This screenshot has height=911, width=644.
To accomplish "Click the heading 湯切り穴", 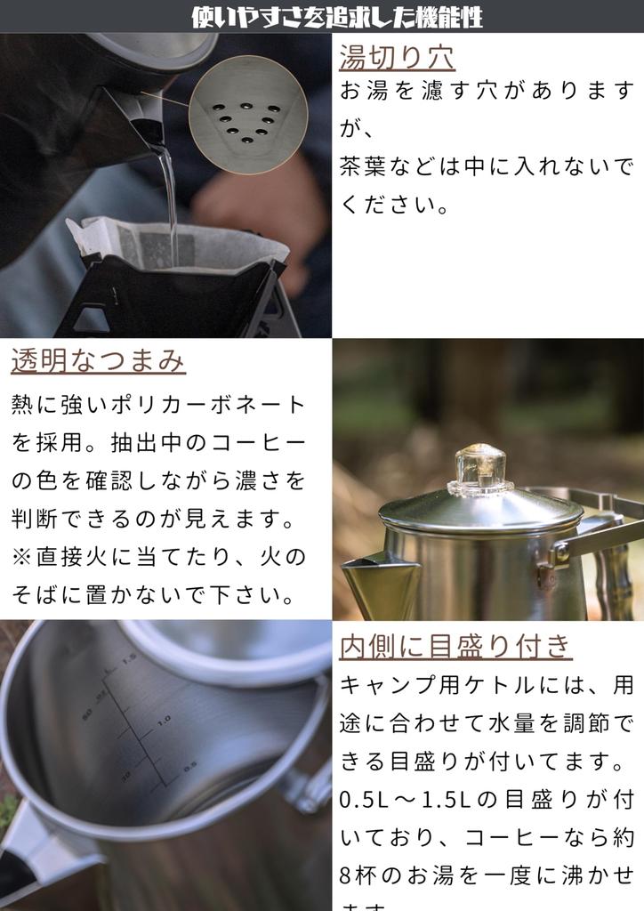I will point(397,56).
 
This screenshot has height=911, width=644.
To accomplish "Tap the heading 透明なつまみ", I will point(98,361).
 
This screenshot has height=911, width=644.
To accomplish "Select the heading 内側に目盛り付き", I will point(455,646).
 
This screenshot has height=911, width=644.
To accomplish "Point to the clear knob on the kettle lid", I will point(480,469).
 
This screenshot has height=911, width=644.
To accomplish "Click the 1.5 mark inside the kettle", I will point(129,659).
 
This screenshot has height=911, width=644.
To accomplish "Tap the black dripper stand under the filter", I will point(178,302).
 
